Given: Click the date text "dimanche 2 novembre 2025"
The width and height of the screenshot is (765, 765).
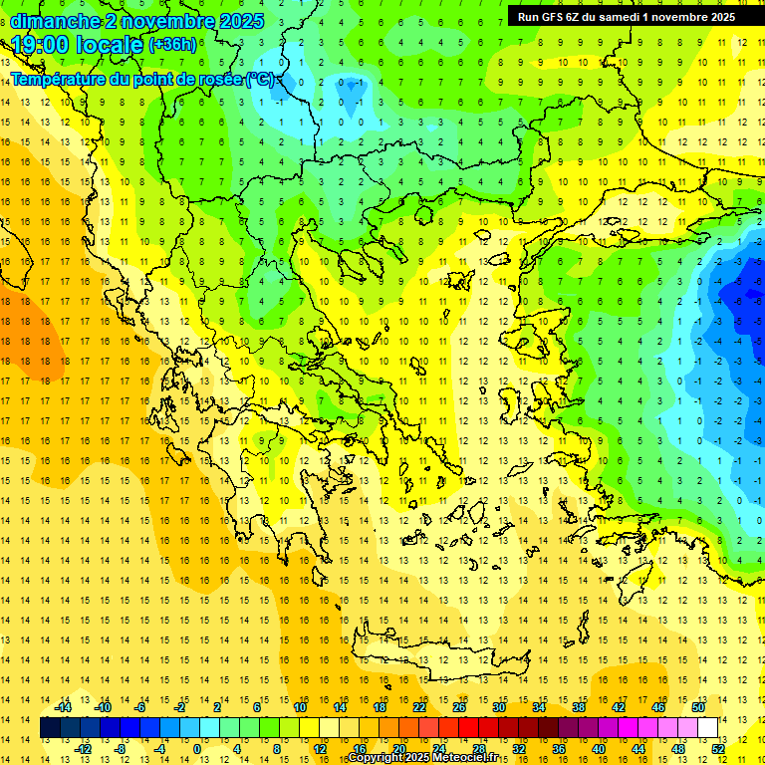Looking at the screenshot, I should pyautogui.click(x=138, y=21).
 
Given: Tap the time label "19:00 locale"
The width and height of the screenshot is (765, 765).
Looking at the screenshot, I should pyautogui.click(x=78, y=45).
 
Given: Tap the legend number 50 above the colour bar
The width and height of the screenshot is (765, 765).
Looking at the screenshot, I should pyautogui.click(x=697, y=706).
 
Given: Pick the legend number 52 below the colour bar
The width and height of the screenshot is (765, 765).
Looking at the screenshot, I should pyautogui.click(x=718, y=748).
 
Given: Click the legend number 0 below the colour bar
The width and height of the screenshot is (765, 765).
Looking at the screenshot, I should pyautogui.click(x=196, y=748).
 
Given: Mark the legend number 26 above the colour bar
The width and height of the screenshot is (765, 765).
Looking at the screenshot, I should pyautogui.click(x=459, y=706).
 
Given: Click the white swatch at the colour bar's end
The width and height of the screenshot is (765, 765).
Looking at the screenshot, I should pyautogui.click(x=708, y=728).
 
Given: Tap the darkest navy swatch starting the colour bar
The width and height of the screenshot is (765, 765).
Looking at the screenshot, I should pyautogui.click(x=50, y=728).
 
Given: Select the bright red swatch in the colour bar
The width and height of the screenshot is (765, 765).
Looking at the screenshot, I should pyautogui.click(x=468, y=728).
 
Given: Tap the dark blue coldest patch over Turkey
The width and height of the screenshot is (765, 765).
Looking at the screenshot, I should pyautogui.click(x=745, y=299).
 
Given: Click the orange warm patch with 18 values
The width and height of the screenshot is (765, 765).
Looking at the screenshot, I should pyautogui.click(x=30, y=339).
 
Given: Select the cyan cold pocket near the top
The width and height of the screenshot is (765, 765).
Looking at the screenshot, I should pyautogui.click(x=349, y=95).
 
